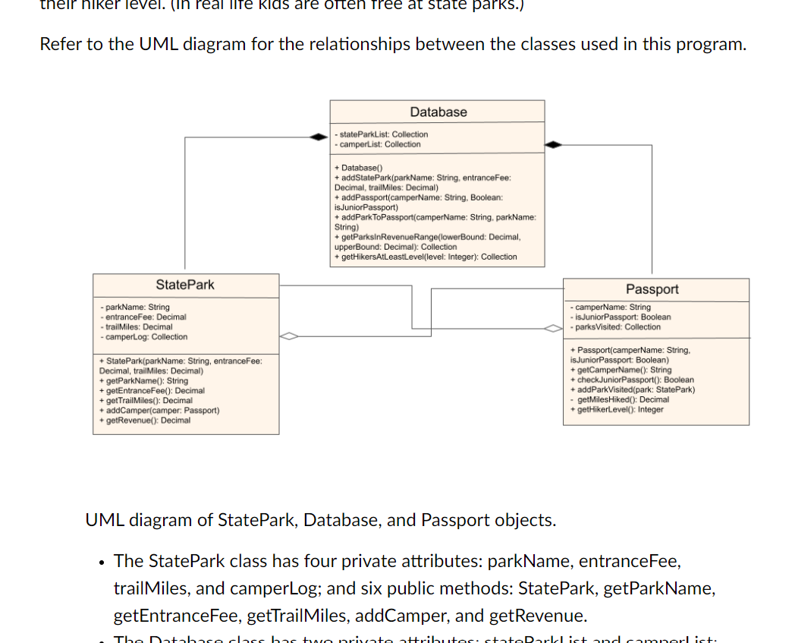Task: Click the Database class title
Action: [438, 112]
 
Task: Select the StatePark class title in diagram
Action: [185, 285]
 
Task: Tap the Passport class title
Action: [652, 289]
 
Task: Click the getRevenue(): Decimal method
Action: [146, 421]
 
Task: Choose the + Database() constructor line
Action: [360, 167]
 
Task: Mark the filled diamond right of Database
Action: [555, 143]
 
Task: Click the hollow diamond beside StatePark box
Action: [289, 336]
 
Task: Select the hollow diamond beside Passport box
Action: [553, 328]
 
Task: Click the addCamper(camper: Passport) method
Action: [159, 411]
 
